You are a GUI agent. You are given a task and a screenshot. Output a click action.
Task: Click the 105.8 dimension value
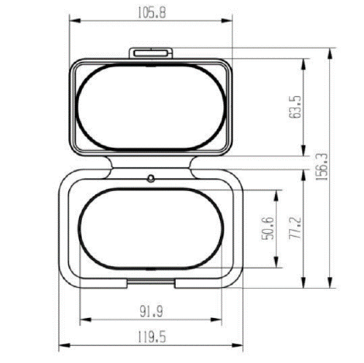point(152,12)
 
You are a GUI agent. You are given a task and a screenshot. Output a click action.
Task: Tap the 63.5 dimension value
point(295,107)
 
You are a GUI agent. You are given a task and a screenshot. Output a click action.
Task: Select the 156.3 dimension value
point(322,167)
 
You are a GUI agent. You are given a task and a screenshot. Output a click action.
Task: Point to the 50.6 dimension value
point(268,228)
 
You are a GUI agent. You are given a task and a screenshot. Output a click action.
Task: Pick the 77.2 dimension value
point(295,228)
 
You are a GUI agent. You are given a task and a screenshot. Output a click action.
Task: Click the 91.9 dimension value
point(151,311)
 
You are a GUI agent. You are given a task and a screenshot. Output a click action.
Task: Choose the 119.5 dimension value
point(151,337)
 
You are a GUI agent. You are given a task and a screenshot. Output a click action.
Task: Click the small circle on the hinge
point(151,178)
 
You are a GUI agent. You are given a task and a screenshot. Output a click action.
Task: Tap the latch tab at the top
point(151,53)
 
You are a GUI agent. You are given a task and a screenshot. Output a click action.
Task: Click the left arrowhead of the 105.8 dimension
point(75,21)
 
